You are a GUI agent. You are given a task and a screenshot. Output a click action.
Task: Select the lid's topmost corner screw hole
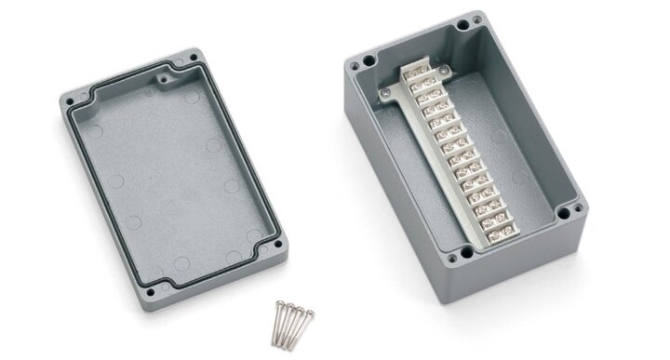click(193, 58)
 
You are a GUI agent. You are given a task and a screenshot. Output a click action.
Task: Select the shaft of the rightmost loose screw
click(302, 327)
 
